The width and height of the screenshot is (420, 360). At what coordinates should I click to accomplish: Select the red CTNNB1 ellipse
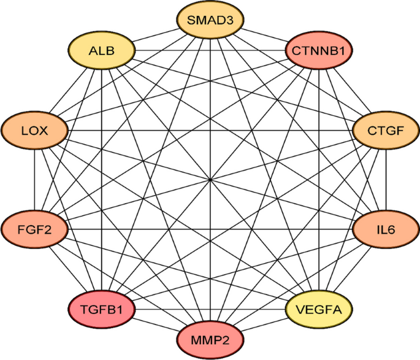(x=319, y=50)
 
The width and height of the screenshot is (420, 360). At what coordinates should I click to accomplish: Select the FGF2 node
(x=34, y=229)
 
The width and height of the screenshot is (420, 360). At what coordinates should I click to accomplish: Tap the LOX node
(x=34, y=131)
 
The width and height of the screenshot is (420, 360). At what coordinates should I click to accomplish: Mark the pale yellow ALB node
(x=101, y=50)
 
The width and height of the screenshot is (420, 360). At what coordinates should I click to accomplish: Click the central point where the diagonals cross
(x=210, y=180)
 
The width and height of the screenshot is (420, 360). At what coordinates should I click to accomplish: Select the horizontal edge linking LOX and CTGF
(x=153, y=131)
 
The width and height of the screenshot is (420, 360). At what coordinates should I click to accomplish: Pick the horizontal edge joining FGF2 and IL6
(x=153, y=229)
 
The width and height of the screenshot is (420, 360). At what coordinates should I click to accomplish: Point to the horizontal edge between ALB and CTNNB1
(x=184, y=50)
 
